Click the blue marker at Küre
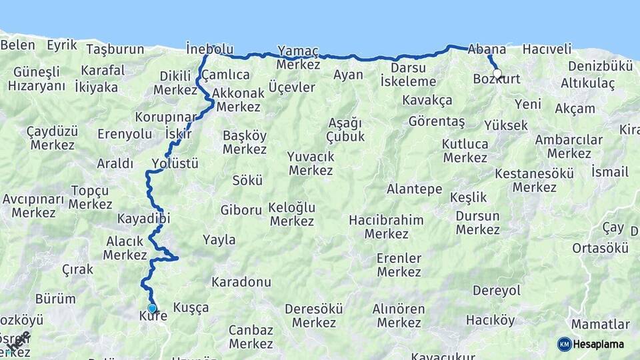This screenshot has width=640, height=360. pos(152,308)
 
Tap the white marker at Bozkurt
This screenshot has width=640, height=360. pos(497,73)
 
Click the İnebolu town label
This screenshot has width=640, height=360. pos(210,49)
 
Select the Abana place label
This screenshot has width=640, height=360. pos(487,49)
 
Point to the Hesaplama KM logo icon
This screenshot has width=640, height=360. pos(564,344)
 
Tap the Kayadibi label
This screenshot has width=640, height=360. pos(143,219)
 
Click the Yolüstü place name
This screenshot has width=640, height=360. pos(175,163)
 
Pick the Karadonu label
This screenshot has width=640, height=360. pos(241,282)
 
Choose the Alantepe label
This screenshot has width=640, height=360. pos(414,189)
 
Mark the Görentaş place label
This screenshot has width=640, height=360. pos(437,122)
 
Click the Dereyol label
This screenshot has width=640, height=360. pos(496,291)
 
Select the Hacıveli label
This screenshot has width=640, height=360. pos(547,49)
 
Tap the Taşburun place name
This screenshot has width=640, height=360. pos(115,49)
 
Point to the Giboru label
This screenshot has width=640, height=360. pos(241,210)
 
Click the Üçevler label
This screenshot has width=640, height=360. pos(291,87)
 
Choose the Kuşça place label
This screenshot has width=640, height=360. pos(191,307)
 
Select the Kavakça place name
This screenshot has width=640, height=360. pos(427,101)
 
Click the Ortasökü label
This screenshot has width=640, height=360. pos(600,248)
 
